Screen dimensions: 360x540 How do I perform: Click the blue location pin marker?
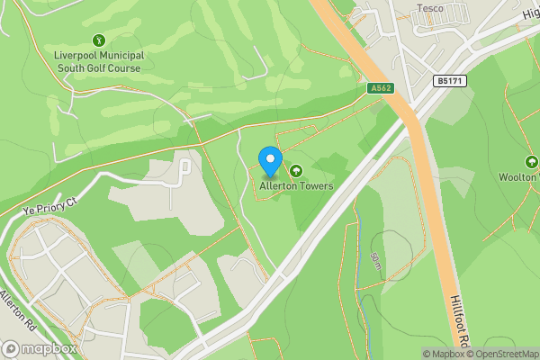point(269,162)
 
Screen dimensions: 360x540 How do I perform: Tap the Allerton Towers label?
point(296,186)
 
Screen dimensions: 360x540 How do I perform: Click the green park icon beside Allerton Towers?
point(295,170)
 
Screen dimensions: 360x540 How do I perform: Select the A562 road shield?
point(380,87)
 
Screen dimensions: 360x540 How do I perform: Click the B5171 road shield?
point(449,81)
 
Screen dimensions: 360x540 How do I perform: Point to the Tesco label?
point(430,8)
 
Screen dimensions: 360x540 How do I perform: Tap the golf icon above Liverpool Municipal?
point(98,40)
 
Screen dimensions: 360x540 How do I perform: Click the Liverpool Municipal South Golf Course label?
point(98,61)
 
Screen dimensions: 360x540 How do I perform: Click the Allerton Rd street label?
point(16,309)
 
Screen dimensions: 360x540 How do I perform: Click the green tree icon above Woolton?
point(531,162)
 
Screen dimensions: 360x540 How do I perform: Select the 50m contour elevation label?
point(374,264)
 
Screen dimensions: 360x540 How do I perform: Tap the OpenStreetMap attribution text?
point(504,354)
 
